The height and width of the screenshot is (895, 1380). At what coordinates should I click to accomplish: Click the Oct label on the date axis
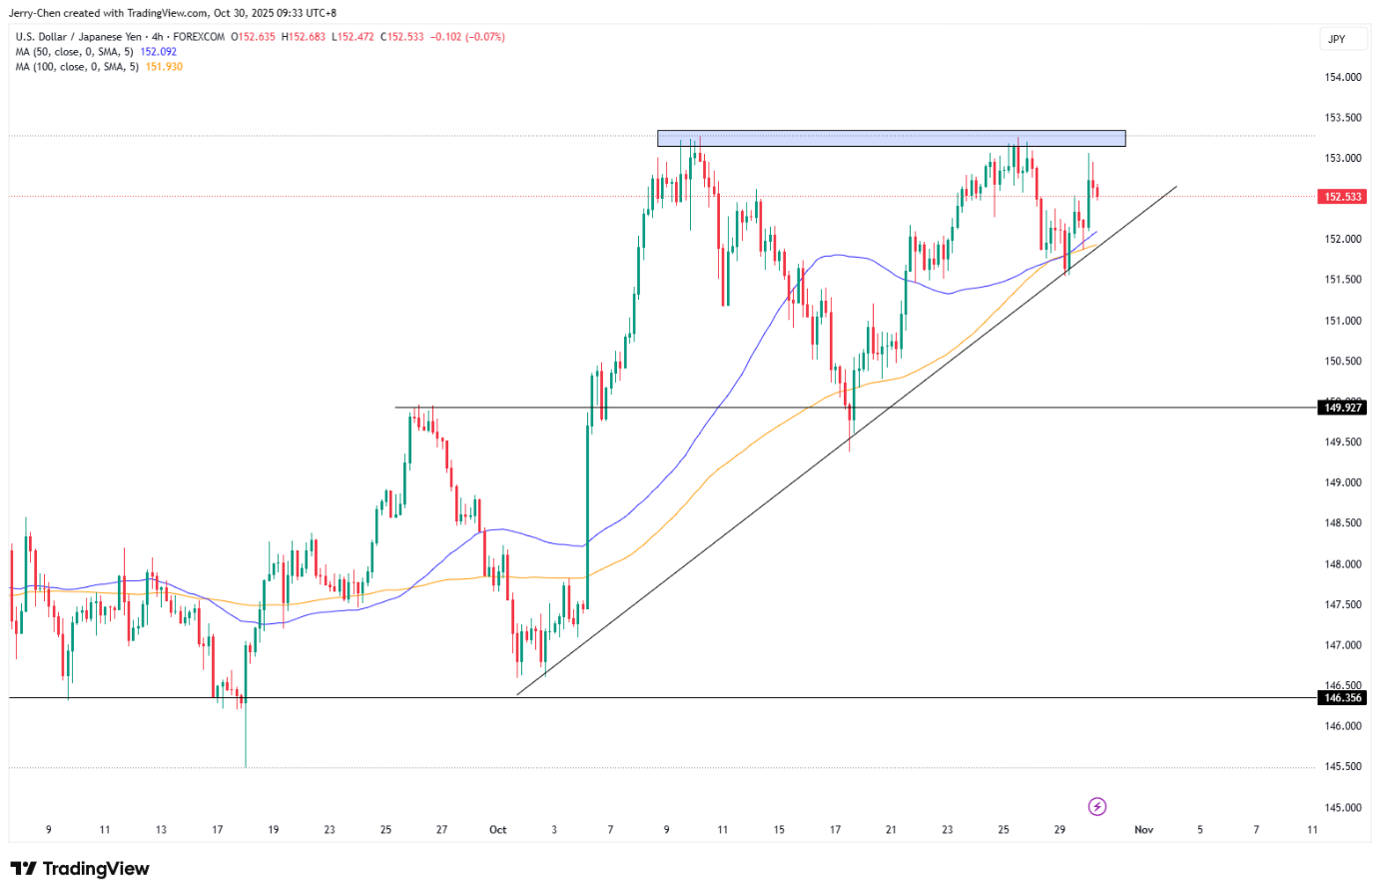pyautogui.click(x=497, y=830)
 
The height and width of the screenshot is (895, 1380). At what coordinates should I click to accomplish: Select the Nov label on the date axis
pyautogui.click(x=1144, y=830)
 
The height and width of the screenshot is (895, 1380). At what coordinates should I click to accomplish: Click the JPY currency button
pyautogui.click(x=1337, y=39)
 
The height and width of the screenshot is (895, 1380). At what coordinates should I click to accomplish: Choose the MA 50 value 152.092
pyautogui.click(x=158, y=52)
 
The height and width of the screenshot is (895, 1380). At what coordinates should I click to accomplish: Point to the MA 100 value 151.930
pyautogui.click(x=164, y=67)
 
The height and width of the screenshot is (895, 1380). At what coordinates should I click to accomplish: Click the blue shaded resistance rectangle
pyautogui.click(x=891, y=138)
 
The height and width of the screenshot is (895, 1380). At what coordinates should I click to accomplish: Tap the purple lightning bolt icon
pyautogui.click(x=1096, y=806)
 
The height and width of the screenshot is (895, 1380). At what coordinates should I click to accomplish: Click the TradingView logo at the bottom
pyautogui.click(x=80, y=869)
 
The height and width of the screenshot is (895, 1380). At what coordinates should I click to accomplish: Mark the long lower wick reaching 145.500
pyautogui.click(x=245, y=739)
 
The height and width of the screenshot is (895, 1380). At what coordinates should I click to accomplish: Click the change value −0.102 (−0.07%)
pyautogui.click(x=467, y=37)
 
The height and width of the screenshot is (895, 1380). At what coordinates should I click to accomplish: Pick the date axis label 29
pyautogui.click(x=1059, y=830)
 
